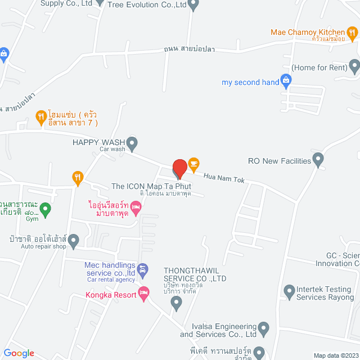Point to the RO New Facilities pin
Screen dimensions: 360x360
(318, 161)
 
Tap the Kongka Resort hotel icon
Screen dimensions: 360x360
(143, 294)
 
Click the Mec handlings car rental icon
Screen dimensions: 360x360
(143, 270)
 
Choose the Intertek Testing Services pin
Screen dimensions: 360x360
(289, 291)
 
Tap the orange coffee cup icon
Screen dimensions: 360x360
(193, 164)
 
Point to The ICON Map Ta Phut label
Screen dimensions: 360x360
(151, 186)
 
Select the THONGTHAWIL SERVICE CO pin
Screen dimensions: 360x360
(177, 303)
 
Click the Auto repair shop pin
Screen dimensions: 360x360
(74, 240)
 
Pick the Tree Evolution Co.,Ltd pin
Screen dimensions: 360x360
(193, 6)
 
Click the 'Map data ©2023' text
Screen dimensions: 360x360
(335, 355)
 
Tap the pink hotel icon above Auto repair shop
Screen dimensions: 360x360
(136, 209)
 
